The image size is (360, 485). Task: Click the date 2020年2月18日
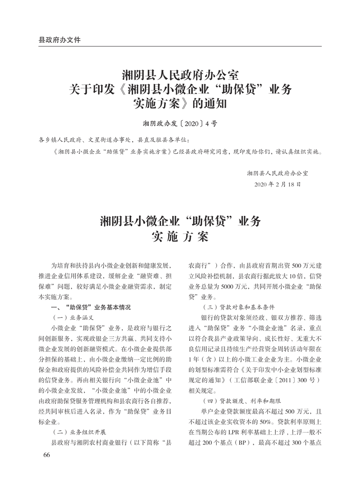click(278, 183)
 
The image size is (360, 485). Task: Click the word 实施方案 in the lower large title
click(180, 237)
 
